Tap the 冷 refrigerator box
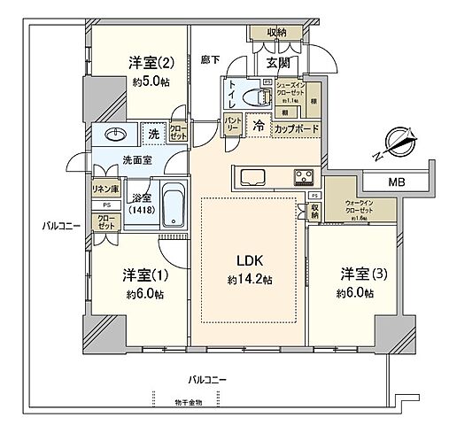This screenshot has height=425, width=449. [259, 127]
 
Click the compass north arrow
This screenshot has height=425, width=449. [396, 141]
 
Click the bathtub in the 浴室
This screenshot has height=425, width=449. [174, 206]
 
